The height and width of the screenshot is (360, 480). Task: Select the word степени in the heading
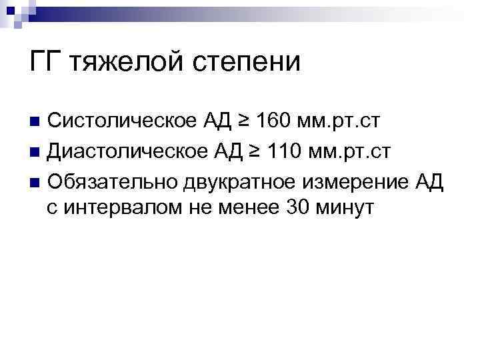click(246, 63)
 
